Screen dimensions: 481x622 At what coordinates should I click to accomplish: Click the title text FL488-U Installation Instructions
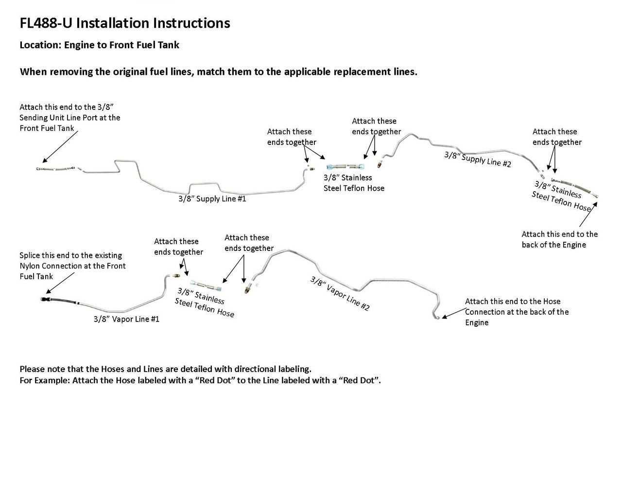[x=124, y=23]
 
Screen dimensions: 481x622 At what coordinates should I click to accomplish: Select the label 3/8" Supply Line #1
[x=212, y=199]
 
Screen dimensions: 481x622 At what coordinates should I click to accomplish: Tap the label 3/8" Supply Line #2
[x=477, y=159]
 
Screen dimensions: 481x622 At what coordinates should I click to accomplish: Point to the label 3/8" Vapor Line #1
[x=126, y=320]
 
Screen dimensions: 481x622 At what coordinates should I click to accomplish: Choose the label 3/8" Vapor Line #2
[x=340, y=293]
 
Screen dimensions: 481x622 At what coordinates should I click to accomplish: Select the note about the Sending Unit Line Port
[x=69, y=118]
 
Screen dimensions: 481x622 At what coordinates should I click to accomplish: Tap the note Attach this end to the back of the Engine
[x=559, y=239]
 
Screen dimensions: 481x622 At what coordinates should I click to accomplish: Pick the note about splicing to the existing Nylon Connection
[x=72, y=266]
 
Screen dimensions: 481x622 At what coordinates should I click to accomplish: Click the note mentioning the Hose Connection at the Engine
[x=516, y=312]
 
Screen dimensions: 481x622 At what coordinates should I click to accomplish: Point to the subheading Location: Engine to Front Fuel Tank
[x=99, y=45]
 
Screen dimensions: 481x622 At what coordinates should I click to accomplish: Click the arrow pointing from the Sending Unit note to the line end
[x=60, y=146]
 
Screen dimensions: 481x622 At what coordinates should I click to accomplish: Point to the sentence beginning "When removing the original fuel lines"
[x=218, y=72]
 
